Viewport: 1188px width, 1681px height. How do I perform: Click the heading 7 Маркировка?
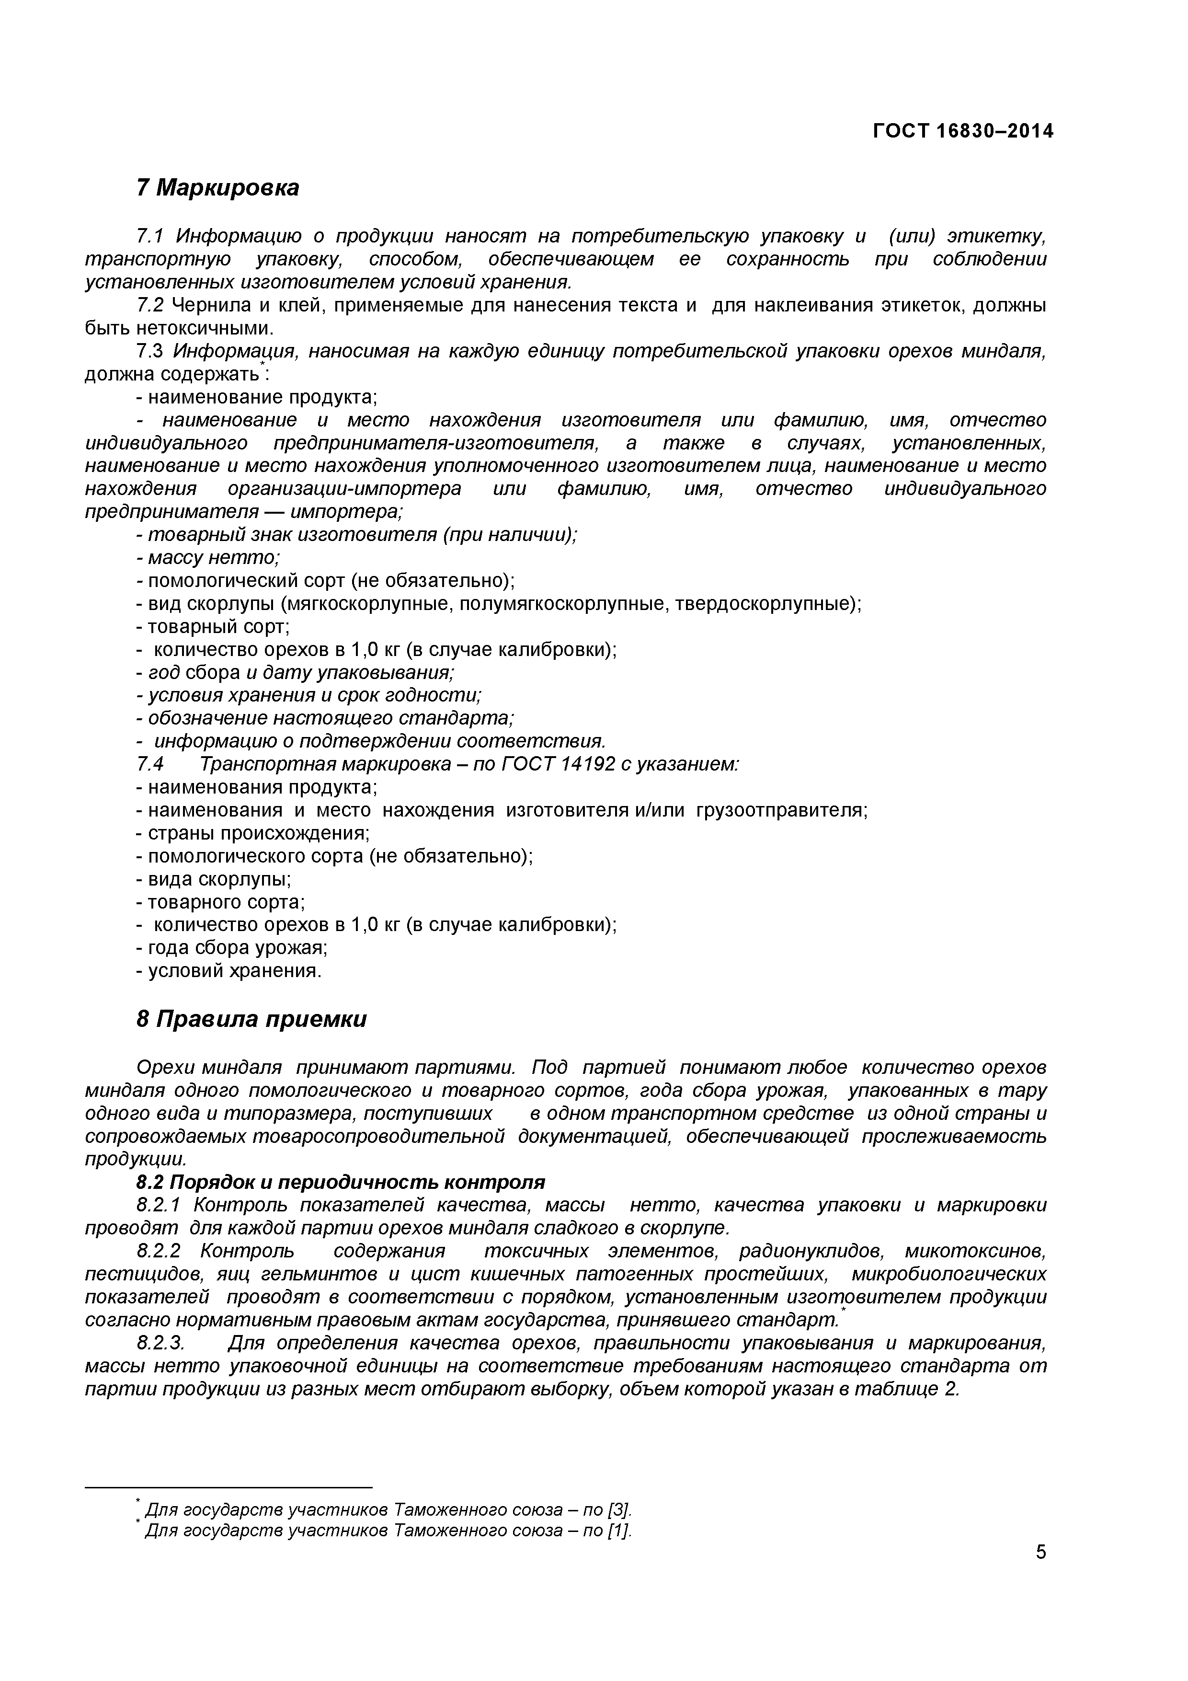click(x=217, y=188)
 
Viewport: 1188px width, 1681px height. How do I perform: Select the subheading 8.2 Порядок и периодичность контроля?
click(x=341, y=1183)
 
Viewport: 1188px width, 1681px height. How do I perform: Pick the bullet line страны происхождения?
click(x=253, y=833)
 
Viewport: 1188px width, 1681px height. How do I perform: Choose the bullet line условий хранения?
click(x=229, y=971)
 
